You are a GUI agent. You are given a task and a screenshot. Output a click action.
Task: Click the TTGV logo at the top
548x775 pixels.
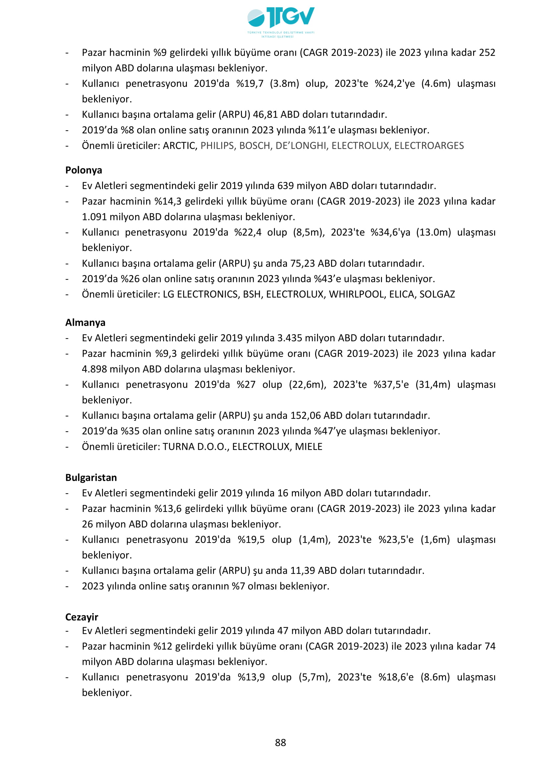[x=281, y=21]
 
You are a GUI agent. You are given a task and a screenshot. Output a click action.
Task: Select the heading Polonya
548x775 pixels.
[x=84, y=170]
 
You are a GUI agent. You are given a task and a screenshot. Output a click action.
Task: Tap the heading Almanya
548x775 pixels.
[x=85, y=323]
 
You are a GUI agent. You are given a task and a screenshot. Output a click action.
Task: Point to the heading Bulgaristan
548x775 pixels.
[x=91, y=478]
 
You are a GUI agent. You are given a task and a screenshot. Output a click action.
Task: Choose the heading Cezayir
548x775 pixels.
[x=82, y=617]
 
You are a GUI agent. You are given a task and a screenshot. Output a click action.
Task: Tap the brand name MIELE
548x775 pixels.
[x=309, y=447]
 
